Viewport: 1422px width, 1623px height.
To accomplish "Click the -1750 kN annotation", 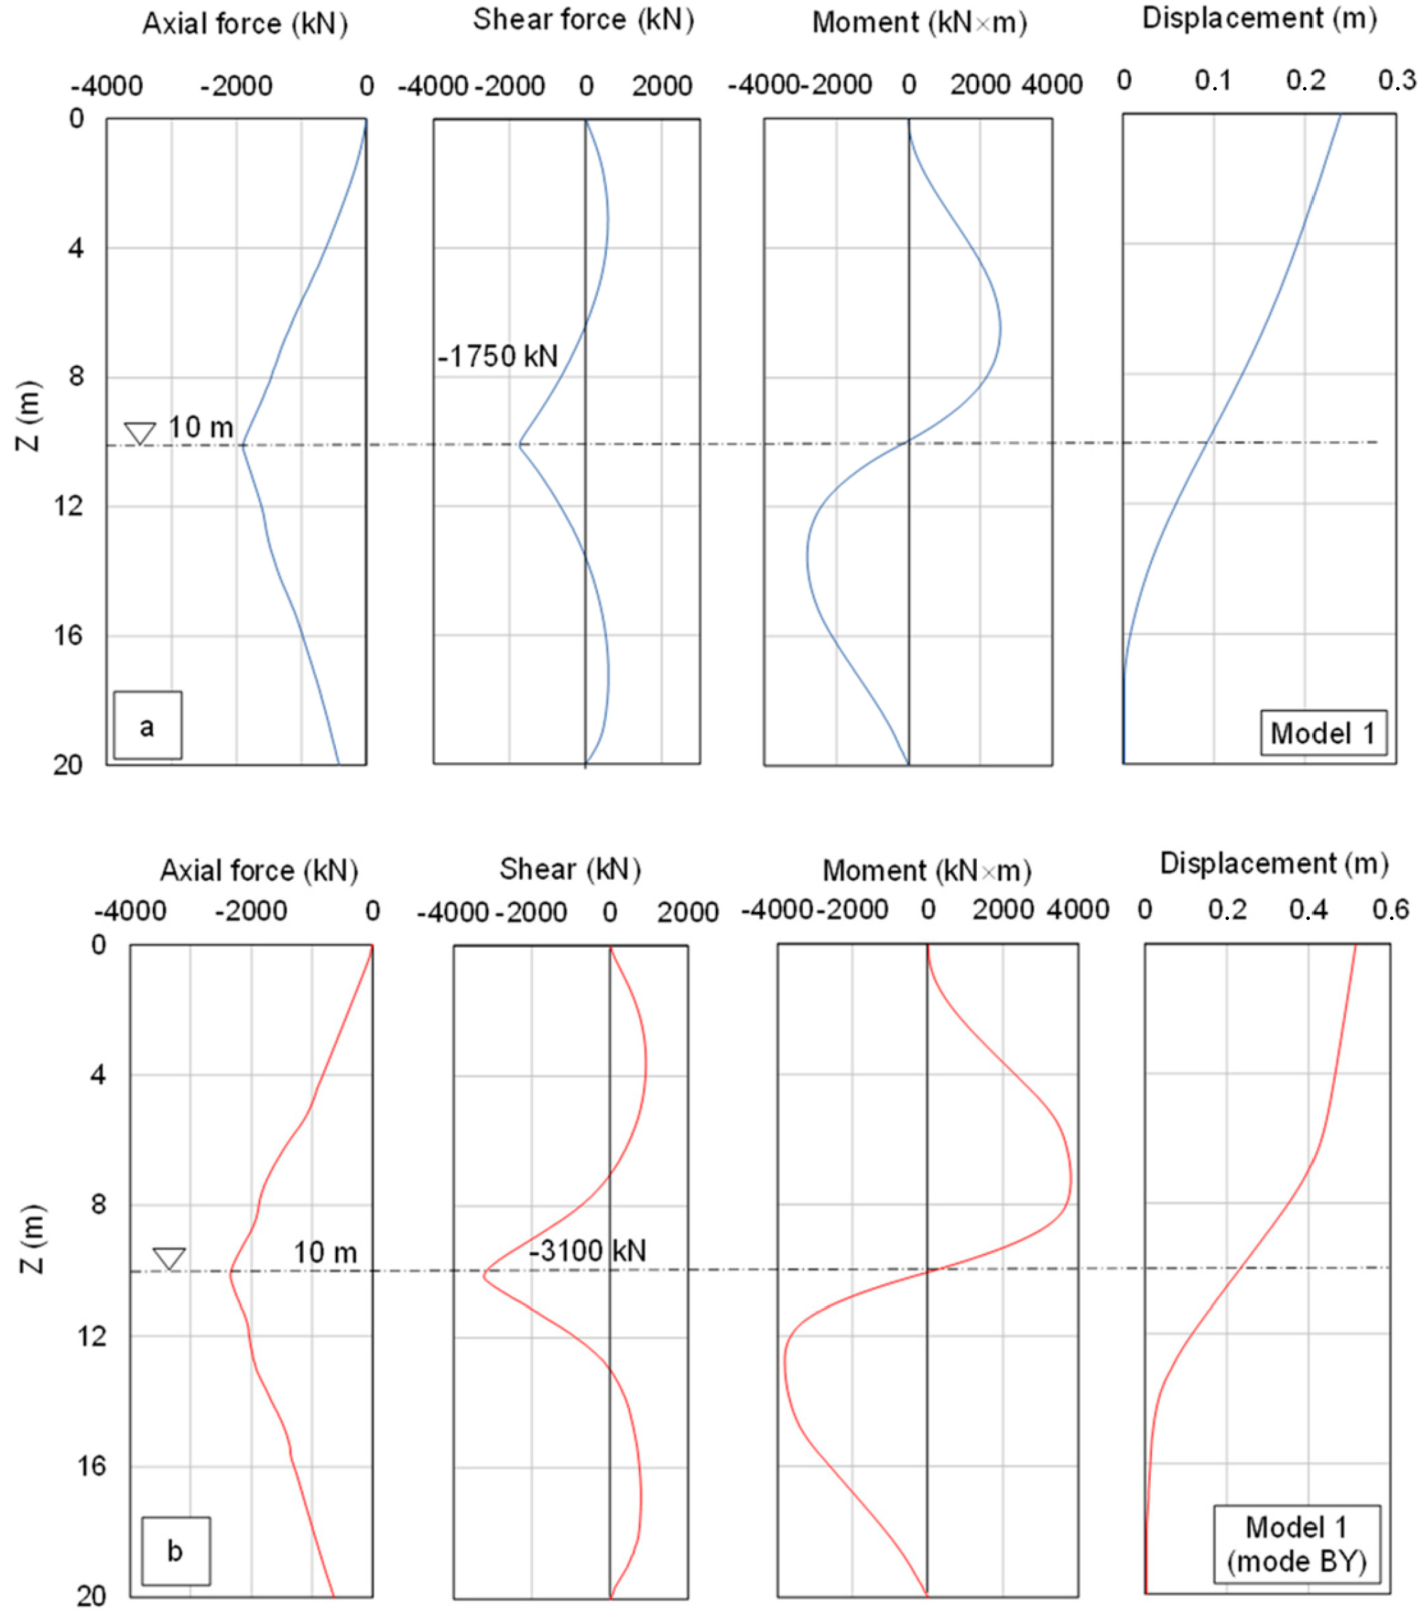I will [x=498, y=356].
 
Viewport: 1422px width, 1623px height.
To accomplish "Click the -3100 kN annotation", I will [x=587, y=1251].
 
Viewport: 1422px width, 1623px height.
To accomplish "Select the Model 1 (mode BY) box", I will [x=1297, y=1543].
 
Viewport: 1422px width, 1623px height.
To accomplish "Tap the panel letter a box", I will [x=148, y=725].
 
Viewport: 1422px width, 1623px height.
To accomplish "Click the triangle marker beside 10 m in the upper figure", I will [x=139, y=433].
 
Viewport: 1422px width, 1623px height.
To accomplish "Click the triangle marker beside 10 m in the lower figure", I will [x=169, y=1259].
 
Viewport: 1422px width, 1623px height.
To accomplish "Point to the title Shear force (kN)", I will [x=583, y=20].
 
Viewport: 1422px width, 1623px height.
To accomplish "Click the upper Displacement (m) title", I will [x=1259, y=18].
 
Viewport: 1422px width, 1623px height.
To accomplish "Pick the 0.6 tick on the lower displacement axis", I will [x=1390, y=910].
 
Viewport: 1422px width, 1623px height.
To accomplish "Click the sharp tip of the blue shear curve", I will [x=519, y=445].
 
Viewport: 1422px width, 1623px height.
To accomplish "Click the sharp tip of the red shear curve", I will [x=483, y=1276].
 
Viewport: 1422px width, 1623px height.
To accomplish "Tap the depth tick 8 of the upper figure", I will [x=75, y=376].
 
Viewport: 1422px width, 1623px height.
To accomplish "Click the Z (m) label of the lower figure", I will [x=32, y=1239].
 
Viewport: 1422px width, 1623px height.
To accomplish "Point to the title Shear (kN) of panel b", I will [x=570, y=869].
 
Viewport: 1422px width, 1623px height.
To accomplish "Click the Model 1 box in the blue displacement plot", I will [x=1323, y=732].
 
